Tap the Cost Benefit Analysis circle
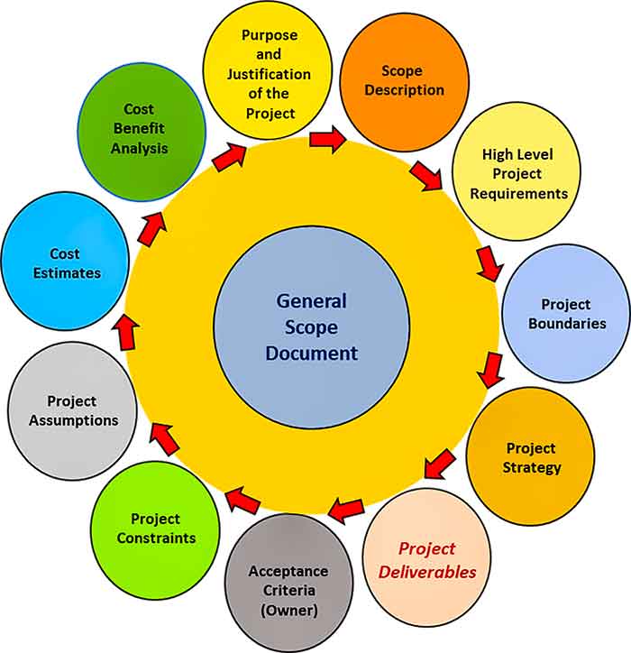pos(141,129)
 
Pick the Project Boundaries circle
pos(564,313)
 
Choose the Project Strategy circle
pos(532,456)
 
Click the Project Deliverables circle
pos(427,559)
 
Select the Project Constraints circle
pos(155,528)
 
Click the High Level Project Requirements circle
pos(512,174)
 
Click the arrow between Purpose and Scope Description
pos(326,139)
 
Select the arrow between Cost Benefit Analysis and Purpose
pos(229,155)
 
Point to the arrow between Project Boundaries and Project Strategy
pos(490,369)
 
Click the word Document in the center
pos(311,353)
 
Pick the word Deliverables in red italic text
pos(427,571)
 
